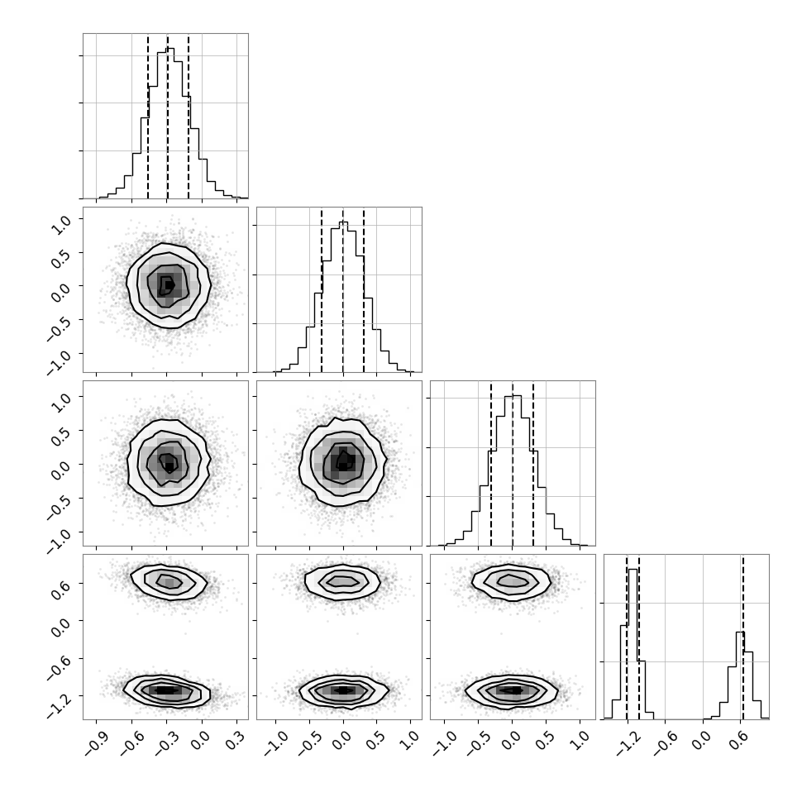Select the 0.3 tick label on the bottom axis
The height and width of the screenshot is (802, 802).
(236, 742)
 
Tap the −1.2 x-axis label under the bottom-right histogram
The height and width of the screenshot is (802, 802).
(626, 744)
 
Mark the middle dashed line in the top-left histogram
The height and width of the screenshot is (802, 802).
(168, 117)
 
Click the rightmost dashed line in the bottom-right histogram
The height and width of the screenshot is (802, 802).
(742, 637)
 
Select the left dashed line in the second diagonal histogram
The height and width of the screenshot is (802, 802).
(322, 290)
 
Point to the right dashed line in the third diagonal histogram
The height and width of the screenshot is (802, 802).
(533, 464)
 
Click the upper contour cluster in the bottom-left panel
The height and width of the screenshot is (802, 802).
(169, 581)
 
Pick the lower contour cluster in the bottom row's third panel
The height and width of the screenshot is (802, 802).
(512, 691)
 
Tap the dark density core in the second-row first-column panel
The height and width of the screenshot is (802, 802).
(167, 285)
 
